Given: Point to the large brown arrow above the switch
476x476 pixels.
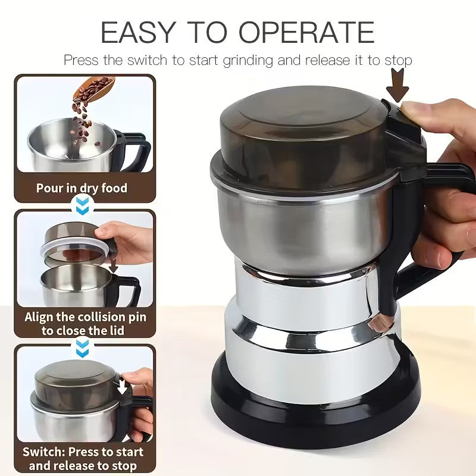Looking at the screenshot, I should (x=397, y=84).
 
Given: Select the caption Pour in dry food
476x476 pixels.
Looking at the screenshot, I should (x=82, y=189).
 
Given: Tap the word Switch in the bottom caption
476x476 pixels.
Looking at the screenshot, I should (x=44, y=452).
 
